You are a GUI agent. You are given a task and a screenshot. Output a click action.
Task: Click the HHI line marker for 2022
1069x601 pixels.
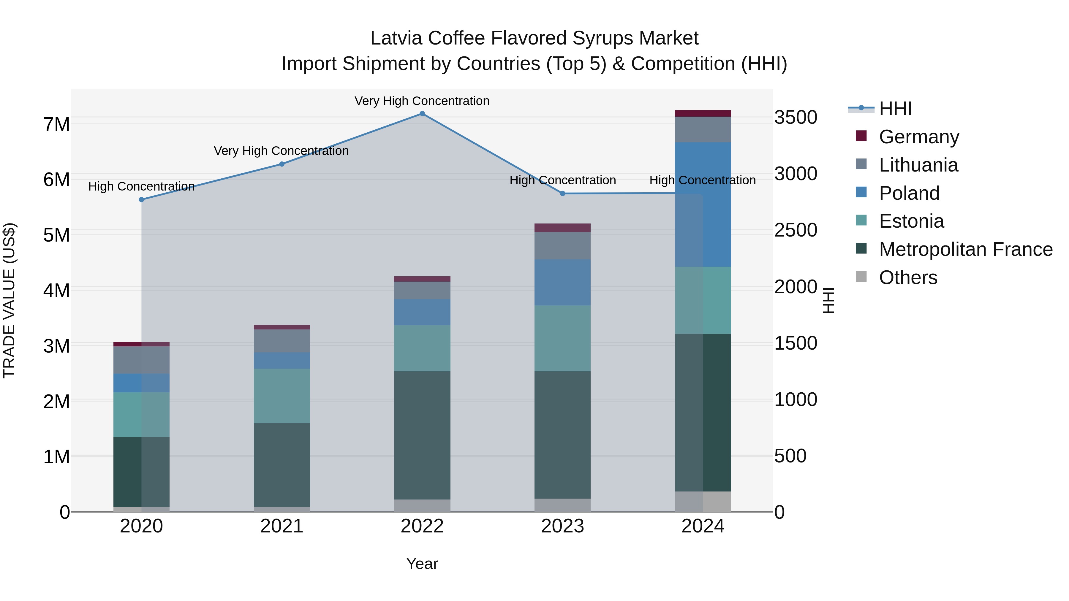pos(422,114)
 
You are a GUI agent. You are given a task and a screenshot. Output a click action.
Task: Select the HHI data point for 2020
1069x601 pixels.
pos(142,199)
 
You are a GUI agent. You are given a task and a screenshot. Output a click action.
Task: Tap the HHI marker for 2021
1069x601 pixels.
pos(282,164)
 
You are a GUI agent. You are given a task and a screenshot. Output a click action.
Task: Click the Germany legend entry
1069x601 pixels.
pos(918,137)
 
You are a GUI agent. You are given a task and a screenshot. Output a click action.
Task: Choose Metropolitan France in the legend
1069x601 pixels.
pos(965,249)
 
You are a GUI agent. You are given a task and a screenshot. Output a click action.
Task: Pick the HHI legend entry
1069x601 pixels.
pos(895,109)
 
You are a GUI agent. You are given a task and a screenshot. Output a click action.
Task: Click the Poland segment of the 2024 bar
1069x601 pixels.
pos(703,204)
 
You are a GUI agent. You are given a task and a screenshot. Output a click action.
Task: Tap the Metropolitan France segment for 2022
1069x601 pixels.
pos(422,435)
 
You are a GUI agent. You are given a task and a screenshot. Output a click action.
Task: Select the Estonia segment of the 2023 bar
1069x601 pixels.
pos(563,338)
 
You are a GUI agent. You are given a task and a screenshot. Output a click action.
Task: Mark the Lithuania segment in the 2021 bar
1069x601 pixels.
pos(282,341)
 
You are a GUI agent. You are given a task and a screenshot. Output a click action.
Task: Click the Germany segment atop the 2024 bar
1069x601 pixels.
pos(703,113)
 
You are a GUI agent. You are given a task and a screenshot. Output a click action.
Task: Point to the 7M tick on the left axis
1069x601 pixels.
pos(56,124)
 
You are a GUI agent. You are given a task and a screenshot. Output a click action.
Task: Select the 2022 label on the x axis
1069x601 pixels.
pos(422,526)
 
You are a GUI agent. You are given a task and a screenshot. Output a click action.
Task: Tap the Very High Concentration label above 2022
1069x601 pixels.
pos(422,101)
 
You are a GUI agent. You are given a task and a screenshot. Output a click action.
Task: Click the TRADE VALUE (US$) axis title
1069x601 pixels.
pos(10,300)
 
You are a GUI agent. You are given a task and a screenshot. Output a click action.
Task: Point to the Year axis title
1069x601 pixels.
pos(422,564)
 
